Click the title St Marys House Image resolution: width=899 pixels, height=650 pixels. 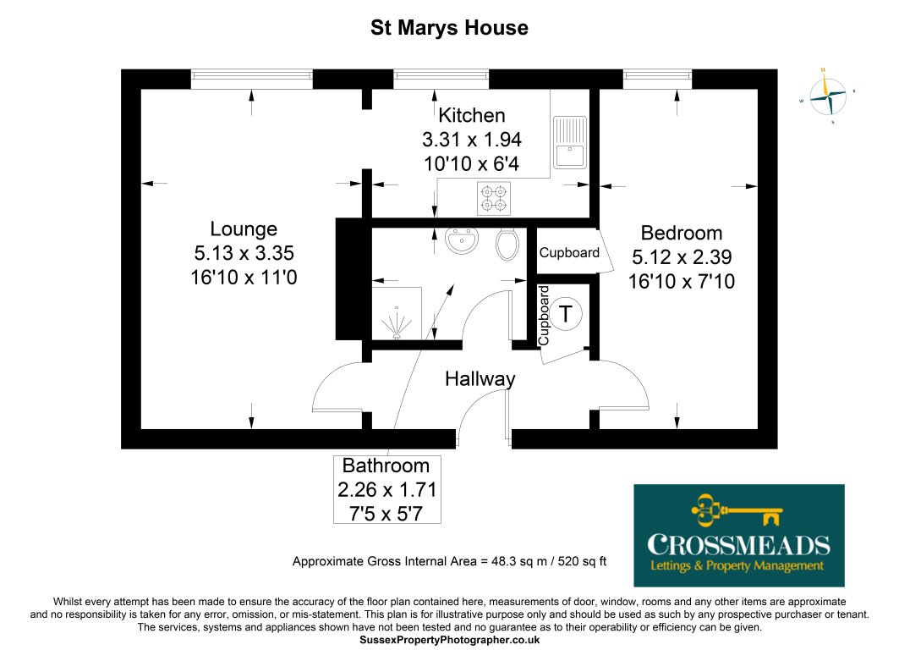click(449, 28)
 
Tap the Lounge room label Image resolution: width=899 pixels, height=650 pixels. click(244, 229)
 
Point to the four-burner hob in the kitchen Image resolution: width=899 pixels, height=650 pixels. click(495, 198)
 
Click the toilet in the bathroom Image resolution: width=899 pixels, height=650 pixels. click(507, 244)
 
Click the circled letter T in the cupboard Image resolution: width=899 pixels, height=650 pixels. click(566, 314)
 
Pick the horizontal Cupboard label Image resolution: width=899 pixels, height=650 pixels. click(569, 252)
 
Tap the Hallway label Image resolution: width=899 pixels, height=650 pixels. click(480, 379)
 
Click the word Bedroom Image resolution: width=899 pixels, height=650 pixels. click(682, 233)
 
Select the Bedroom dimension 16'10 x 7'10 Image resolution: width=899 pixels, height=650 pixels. click(682, 280)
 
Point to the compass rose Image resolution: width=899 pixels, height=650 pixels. click(827, 95)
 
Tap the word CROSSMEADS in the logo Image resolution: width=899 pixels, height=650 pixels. click(738, 543)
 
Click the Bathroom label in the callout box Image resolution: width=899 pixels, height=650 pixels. click(386, 465)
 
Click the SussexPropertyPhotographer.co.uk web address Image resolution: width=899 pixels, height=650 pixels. click(449, 641)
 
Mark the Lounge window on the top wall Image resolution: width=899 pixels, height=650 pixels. click(251, 79)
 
